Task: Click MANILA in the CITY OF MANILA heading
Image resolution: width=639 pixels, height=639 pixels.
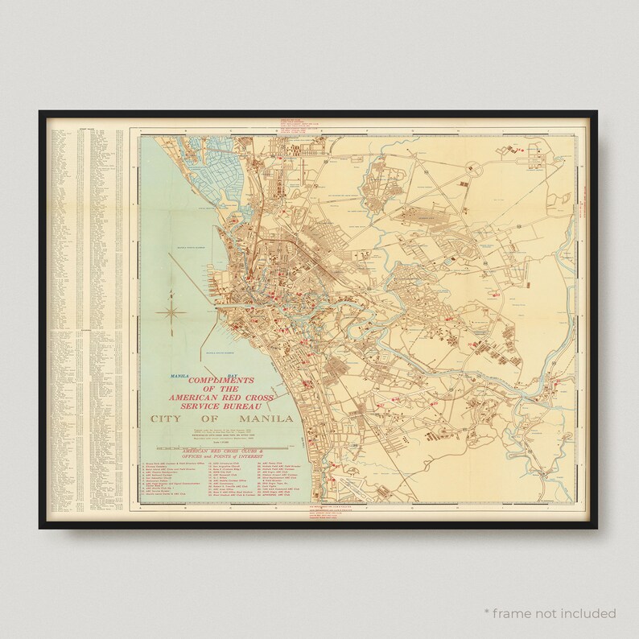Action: click(x=256, y=419)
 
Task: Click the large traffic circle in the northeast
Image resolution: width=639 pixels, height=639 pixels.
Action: click(x=472, y=168)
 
